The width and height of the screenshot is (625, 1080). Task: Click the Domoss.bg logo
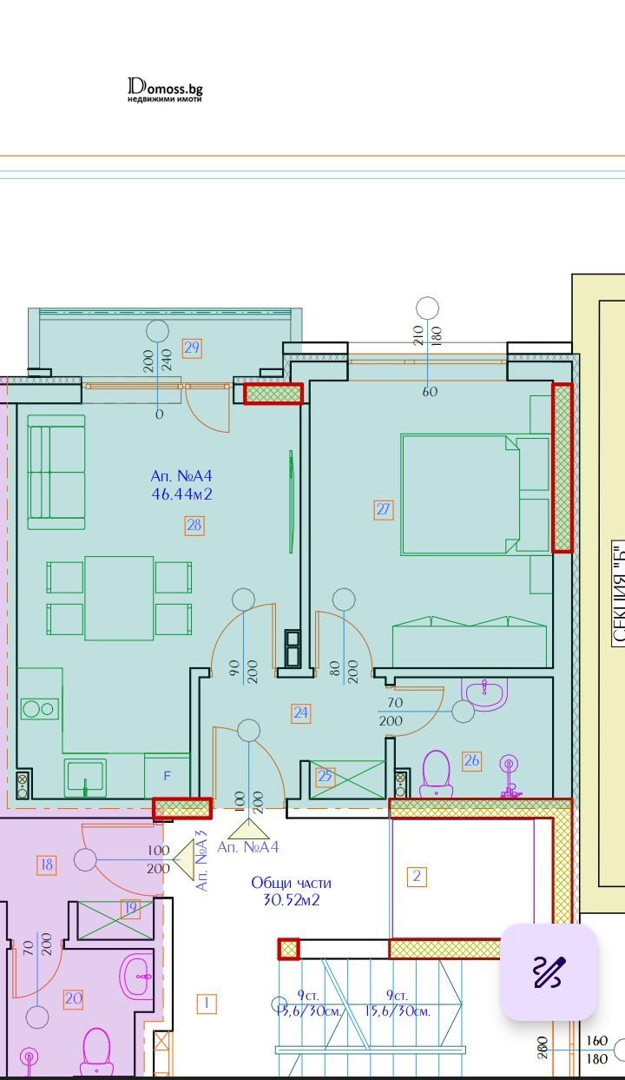coord(165,89)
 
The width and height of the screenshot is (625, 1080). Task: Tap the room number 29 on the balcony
coord(192,348)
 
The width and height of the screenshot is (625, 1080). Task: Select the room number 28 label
coord(194,525)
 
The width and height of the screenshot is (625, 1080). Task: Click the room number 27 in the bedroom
coord(384,510)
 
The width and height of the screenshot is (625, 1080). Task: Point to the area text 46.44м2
coord(181,495)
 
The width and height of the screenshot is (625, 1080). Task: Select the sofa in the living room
coord(56,472)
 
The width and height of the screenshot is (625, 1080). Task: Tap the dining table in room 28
coord(119,598)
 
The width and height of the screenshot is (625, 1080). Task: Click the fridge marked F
coord(168,775)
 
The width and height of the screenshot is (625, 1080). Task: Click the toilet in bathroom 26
coord(435,773)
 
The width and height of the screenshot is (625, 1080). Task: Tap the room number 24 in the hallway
coord(300,713)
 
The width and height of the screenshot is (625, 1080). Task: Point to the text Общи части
coord(291,883)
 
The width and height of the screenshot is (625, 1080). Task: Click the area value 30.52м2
coord(291,900)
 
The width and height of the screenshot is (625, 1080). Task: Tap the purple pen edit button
coord(548,971)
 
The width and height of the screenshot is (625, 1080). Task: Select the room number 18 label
coord(47,865)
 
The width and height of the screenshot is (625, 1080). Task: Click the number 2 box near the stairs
coord(417,876)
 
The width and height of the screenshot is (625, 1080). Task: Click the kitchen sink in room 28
coord(85,776)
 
